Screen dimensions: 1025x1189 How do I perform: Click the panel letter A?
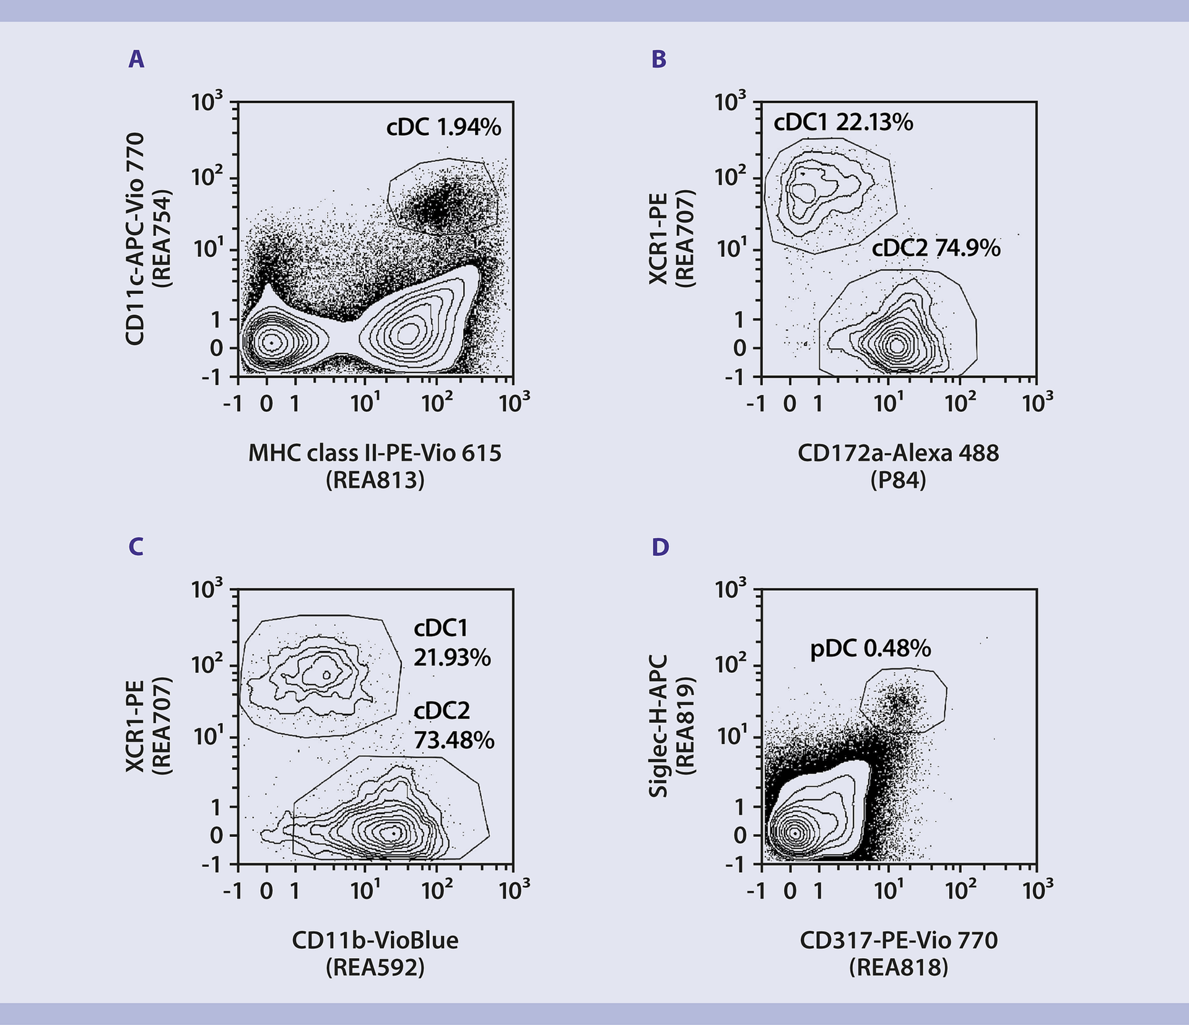tap(136, 59)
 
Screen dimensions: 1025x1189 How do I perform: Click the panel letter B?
tap(659, 59)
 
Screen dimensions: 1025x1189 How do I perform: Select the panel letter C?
tap(136, 547)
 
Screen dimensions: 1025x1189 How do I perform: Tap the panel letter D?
tap(660, 547)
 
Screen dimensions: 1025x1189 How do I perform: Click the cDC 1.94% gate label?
tap(443, 128)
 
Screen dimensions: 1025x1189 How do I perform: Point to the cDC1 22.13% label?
tap(843, 123)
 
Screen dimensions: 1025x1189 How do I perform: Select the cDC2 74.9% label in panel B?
tap(936, 248)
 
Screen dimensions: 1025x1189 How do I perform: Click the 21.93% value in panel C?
tap(452, 657)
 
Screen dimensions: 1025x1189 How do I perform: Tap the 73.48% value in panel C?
tap(454, 740)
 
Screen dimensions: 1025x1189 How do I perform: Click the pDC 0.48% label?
tap(870, 649)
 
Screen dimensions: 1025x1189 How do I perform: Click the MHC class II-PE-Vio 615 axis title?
tap(375, 453)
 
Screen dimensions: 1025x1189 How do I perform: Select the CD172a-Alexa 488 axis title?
tap(898, 453)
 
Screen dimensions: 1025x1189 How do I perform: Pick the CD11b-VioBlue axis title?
tap(375, 940)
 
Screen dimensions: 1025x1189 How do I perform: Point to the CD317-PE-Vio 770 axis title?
tap(899, 940)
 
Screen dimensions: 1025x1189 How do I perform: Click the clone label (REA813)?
tap(375, 480)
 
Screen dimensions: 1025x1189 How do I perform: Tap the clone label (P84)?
tap(898, 480)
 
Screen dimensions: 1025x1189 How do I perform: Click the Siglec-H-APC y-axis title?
tap(658, 726)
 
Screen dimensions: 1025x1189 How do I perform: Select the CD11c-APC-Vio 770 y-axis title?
tap(135, 238)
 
